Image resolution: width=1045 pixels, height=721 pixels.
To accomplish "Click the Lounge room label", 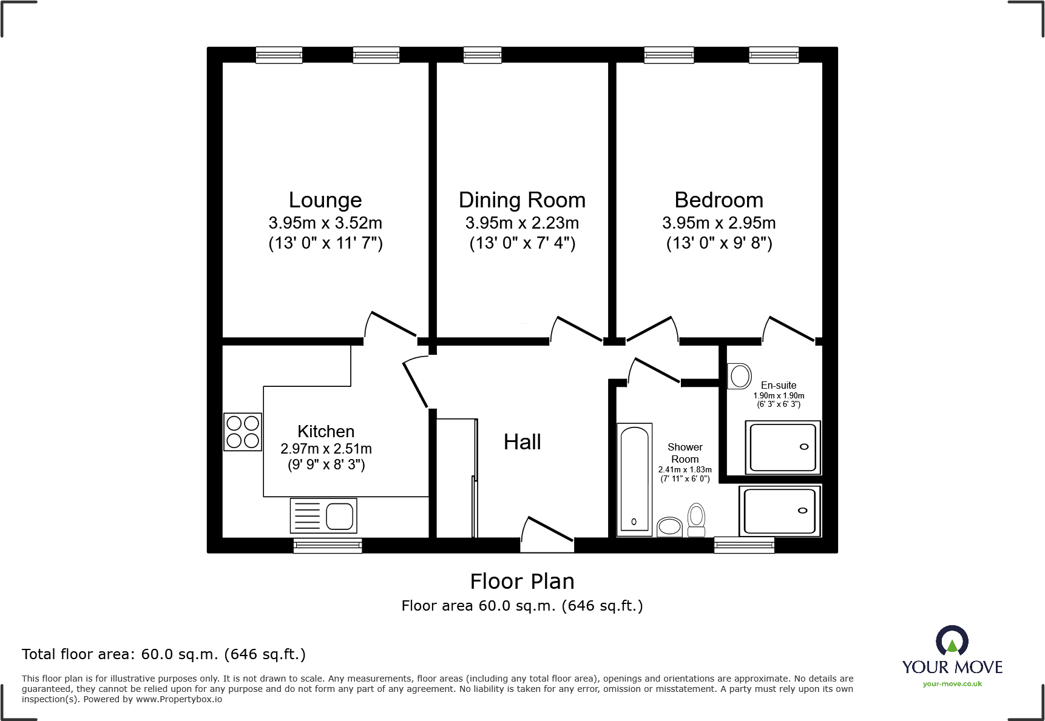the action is [325, 200].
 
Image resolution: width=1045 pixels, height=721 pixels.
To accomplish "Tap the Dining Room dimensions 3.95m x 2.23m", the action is [522, 223].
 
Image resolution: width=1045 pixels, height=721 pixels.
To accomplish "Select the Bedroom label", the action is [719, 200].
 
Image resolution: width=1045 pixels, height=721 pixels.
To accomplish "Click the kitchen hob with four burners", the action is [243, 432].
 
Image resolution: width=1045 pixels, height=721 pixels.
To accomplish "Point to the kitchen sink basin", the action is [340, 517].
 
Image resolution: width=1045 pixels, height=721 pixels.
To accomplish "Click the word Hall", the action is [522, 442].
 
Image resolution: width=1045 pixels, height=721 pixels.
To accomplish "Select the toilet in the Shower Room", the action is [697, 520].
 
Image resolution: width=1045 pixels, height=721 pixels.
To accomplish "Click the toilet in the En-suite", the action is [739, 376].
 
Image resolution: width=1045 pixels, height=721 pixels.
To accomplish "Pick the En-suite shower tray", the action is [783, 448].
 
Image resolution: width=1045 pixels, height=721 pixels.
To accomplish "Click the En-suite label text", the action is [779, 385].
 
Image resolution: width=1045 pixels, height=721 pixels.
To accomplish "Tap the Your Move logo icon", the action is [952, 640].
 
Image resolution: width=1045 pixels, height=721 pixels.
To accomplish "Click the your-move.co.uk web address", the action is [952, 684].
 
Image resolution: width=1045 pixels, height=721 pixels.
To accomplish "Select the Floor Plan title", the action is [522, 582].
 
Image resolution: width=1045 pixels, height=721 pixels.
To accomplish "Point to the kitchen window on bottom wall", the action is [328, 546].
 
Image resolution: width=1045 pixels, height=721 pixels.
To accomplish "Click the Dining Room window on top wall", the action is [482, 55].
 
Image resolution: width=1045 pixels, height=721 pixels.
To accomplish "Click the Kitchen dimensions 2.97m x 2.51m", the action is [326, 449].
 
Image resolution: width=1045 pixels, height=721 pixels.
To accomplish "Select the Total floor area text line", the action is [164, 654].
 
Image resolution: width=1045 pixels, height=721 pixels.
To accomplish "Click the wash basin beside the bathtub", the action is [670, 526].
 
